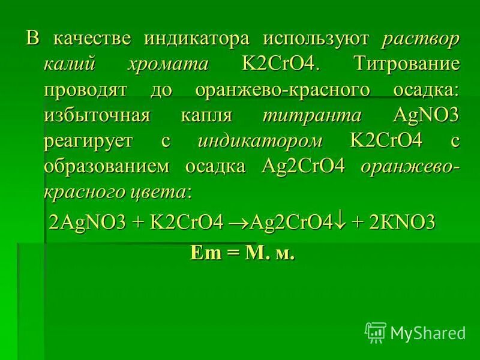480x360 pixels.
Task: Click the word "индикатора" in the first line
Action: pyautogui.click(x=197, y=40)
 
